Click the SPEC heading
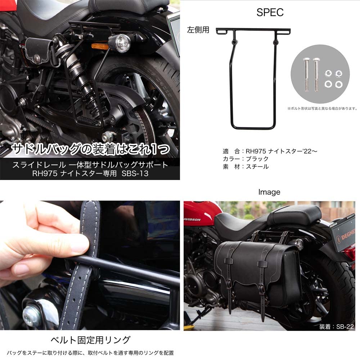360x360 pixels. [x=270, y=12]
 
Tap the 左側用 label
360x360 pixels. [x=198, y=30]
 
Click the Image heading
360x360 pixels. [x=269, y=192]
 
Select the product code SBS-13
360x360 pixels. [x=135, y=173]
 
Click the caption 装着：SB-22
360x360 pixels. [x=337, y=327]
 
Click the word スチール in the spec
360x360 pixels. [x=257, y=167]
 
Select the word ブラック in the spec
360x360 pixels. [x=257, y=159]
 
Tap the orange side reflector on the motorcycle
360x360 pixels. [x=100, y=46]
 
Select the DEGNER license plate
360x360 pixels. [x=343, y=234]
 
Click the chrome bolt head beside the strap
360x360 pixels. [x=31, y=315]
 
